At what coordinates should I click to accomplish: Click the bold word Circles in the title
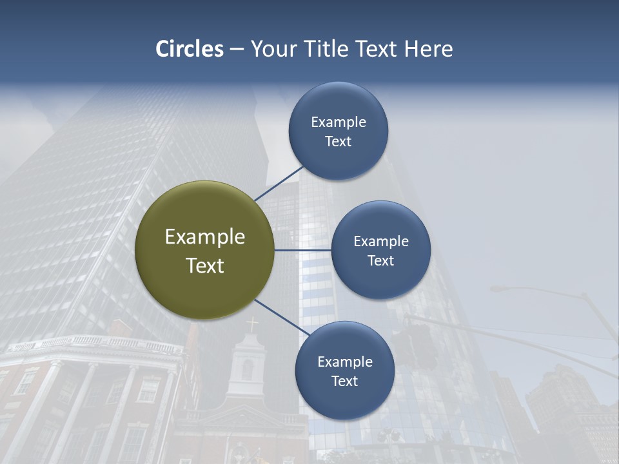click(x=190, y=49)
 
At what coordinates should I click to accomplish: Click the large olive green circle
click(x=205, y=250)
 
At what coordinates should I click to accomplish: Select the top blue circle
click(x=339, y=131)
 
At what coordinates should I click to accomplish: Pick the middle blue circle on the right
click(x=380, y=250)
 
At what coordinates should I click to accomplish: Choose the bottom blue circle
click(x=344, y=371)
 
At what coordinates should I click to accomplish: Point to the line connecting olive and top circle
click(x=279, y=184)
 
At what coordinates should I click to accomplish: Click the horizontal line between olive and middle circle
click(x=302, y=250)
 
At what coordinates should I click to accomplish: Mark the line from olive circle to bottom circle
click(x=282, y=317)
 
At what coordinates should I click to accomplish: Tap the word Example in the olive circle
click(x=205, y=237)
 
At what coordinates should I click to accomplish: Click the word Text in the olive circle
click(x=205, y=266)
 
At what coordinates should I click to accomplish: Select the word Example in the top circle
click(x=339, y=122)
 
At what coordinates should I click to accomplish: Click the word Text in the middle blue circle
click(x=380, y=260)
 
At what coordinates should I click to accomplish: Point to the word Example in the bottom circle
click(x=344, y=362)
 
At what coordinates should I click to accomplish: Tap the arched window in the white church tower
click(x=247, y=370)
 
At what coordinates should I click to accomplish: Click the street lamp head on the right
click(x=500, y=289)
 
